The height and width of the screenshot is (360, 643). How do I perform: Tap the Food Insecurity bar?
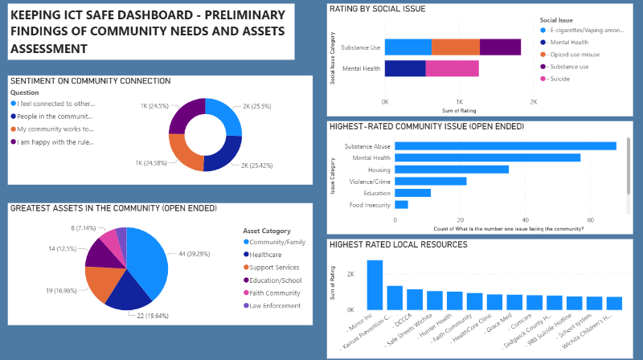tap(400, 204)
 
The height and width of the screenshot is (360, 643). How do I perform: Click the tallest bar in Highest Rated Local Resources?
tap(375, 284)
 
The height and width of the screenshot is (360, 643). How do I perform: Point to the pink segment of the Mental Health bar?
tap(452, 69)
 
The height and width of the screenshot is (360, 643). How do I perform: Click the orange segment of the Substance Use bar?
tap(456, 47)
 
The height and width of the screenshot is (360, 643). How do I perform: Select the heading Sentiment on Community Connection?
tap(90, 81)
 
